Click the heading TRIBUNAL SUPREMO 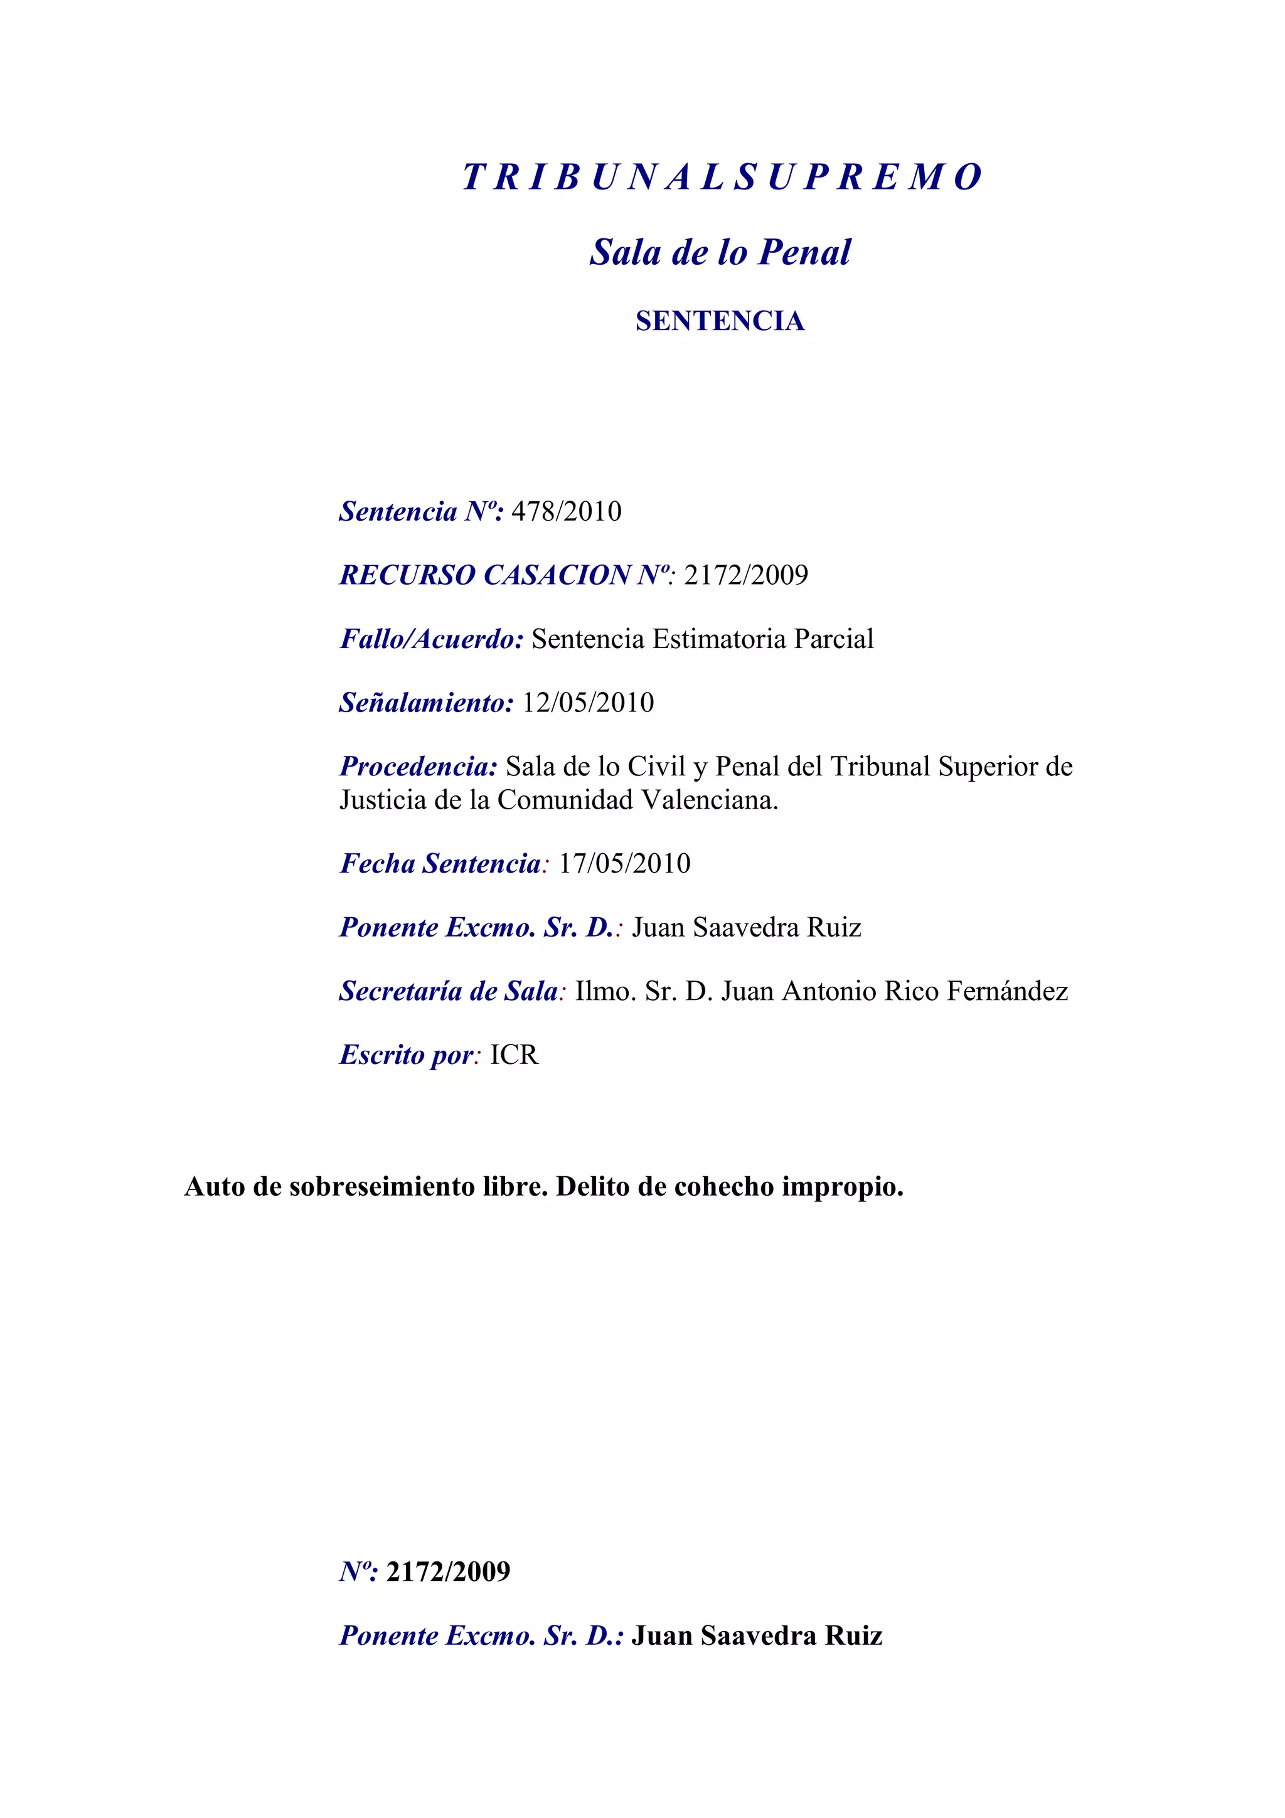722,176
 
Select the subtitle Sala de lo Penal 720,252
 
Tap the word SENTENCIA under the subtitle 720,321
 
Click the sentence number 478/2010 566,511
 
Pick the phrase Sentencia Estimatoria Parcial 702,639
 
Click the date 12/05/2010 589,703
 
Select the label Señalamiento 426,703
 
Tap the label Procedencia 418,767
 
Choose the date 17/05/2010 625,863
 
